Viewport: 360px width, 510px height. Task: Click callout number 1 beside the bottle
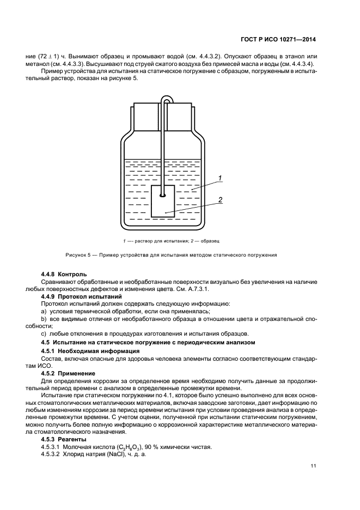[219, 178]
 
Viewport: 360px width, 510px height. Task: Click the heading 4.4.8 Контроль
[63, 274]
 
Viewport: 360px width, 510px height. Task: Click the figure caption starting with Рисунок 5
[172, 254]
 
